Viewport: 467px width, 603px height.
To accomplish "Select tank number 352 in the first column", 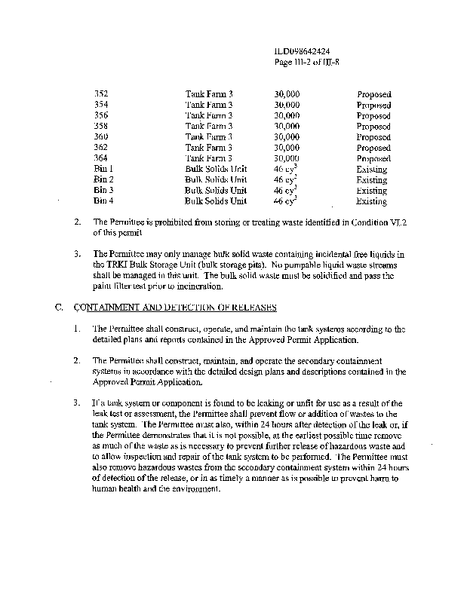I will (x=100, y=94).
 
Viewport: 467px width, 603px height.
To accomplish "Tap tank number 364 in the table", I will (x=100, y=159).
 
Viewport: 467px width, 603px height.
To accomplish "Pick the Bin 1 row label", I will (x=103, y=170).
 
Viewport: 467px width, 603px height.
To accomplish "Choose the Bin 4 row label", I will (x=103, y=202).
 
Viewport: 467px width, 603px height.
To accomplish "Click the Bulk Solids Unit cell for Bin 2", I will (x=216, y=180).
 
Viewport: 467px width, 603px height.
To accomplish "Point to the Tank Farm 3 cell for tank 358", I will (x=209, y=127).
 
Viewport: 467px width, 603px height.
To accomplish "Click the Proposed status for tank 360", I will (x=373, y=137).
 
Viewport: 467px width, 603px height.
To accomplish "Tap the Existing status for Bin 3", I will (x=371, y=191).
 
